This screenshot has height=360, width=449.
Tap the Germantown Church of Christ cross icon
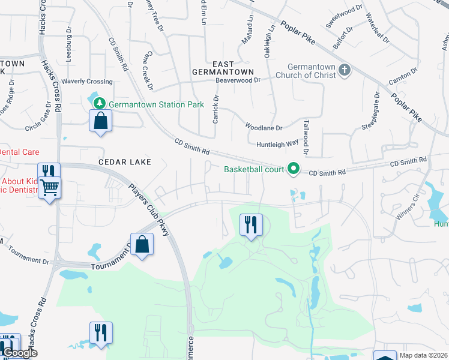[345, 70]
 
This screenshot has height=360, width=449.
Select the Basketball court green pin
[294, 169]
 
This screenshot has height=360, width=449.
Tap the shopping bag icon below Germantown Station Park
[100, 121]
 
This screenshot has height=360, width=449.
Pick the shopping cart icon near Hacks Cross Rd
[49, 189]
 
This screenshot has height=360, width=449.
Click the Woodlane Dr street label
[264, 127]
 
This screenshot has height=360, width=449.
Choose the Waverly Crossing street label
[87, 82]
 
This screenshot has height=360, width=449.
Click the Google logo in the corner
[20, 353]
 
